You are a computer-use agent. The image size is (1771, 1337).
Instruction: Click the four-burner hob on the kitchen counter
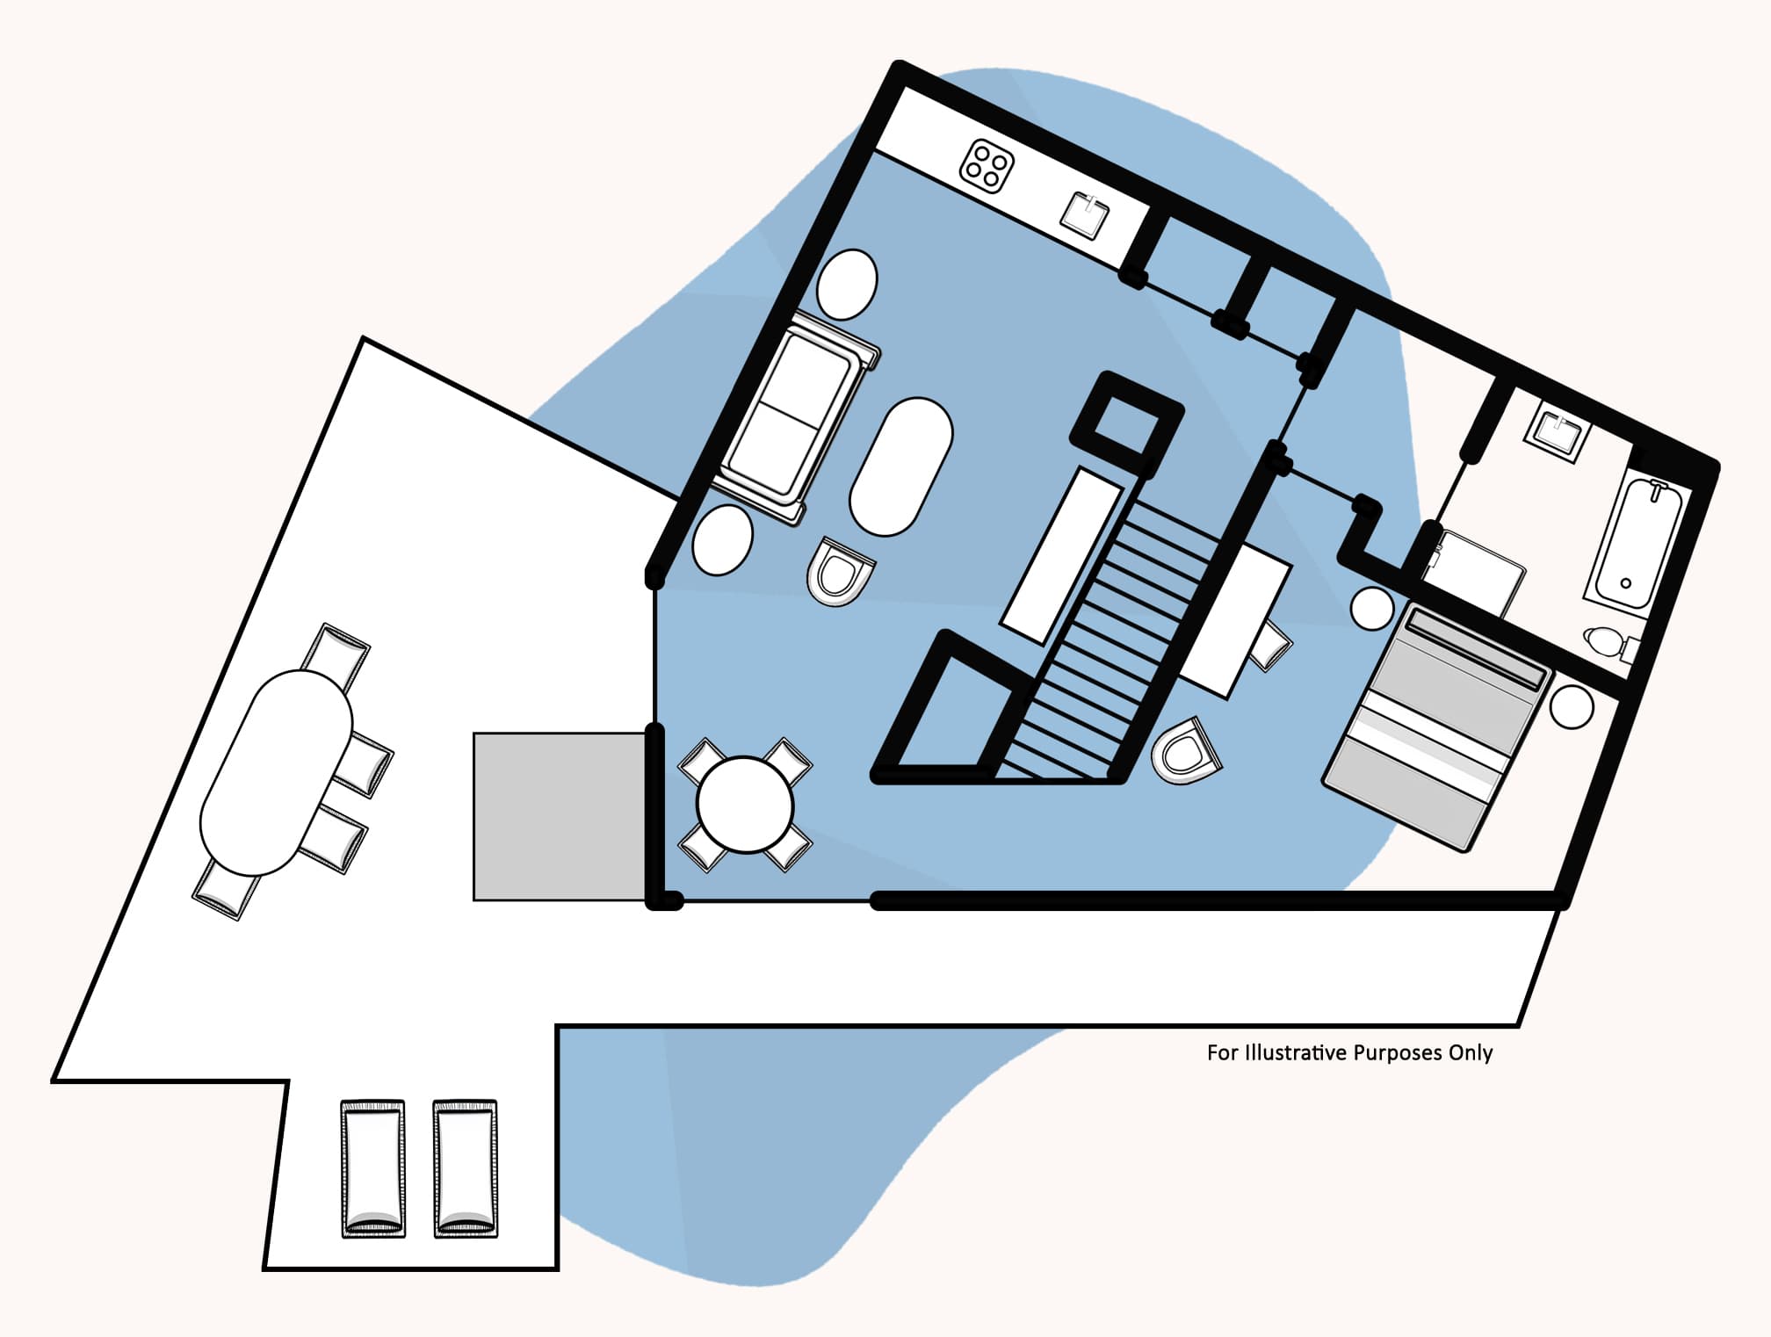(987, 164)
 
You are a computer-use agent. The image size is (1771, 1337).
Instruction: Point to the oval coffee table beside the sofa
(900, 466)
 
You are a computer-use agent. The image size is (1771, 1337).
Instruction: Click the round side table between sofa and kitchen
(847, 284)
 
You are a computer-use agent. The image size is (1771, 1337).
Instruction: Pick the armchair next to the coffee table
(840, 572)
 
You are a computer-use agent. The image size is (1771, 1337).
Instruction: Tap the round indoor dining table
(745, 804)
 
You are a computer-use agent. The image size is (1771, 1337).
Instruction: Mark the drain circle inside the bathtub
(1625, 583)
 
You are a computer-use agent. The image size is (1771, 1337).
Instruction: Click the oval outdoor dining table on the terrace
(276, 772)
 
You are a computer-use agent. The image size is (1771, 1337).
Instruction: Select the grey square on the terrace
(559, 816)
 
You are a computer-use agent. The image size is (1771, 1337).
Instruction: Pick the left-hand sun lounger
(373, 1169)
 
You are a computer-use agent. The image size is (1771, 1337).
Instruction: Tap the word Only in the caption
(1471, 1052)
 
